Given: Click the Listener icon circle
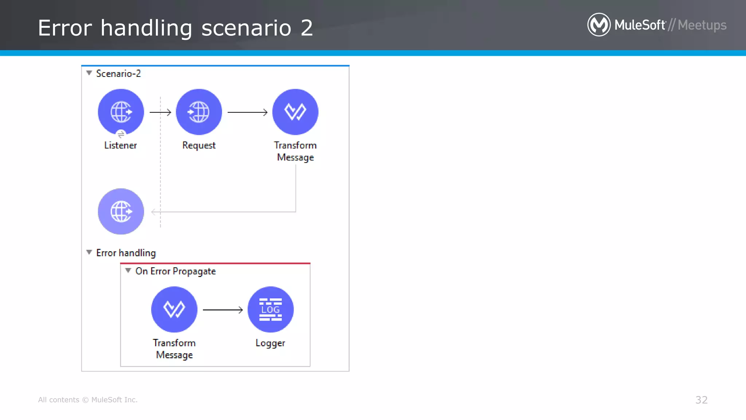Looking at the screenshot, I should coord(121,112).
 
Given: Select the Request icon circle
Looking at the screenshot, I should coord(199,112).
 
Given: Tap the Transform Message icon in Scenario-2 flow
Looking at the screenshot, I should coord(295,112).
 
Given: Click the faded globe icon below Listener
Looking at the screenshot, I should coord(121,211).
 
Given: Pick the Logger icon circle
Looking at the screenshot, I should coord(270,310).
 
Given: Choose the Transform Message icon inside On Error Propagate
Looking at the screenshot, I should coord(174,310).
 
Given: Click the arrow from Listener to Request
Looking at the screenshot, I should coord(160,112).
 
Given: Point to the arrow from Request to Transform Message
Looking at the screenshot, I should coord(247,112).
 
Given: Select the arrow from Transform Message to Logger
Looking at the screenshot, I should coord(223,310).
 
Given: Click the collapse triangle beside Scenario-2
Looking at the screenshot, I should coord(89,73).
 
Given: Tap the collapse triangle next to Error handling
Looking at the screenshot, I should coord(89,252).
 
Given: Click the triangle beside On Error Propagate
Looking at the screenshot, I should coord(128,271).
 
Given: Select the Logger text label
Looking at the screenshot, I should coord(270,343).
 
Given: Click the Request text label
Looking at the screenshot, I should coord(199,145).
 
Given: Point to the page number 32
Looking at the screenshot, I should coord(701,400).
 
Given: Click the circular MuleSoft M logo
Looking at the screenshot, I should coord(599,25).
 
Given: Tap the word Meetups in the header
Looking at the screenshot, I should coord(702,25).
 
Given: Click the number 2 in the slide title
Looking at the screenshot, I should coord(307,28).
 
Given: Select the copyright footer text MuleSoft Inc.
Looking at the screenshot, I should coord(114,400).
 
